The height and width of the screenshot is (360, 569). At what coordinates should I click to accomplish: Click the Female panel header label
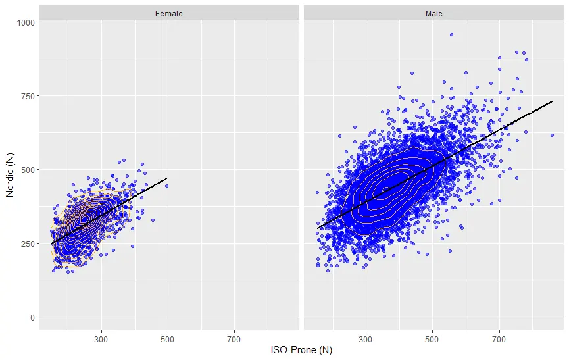point(169,13)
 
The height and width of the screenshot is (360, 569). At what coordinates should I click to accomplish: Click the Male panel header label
point(433,13)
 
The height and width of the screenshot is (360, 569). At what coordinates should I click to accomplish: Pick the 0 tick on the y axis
point(32,317)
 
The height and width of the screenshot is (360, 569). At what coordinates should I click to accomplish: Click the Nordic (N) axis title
point(10,170)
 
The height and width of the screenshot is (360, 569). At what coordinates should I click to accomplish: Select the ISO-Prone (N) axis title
point(301,351)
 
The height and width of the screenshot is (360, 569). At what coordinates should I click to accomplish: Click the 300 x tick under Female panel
point(101,339)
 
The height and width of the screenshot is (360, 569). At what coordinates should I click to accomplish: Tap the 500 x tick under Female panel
point(168,339)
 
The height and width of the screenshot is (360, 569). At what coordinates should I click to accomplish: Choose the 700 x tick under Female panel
point(234,339)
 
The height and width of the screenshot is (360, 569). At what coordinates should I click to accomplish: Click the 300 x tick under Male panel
point(366,339)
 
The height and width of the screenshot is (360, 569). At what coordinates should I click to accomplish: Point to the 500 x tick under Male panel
point(432,339)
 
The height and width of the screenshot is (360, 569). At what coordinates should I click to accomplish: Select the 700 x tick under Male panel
point(499,339)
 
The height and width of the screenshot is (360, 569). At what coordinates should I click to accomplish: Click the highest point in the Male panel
point(451,34)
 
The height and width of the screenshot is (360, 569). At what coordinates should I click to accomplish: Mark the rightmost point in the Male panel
point(553,135)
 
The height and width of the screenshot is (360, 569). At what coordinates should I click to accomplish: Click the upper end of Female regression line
point(167,178)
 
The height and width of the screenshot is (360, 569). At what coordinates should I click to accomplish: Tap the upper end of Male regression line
point(551,102)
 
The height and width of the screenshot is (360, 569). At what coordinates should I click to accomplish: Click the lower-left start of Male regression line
point(318,228)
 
